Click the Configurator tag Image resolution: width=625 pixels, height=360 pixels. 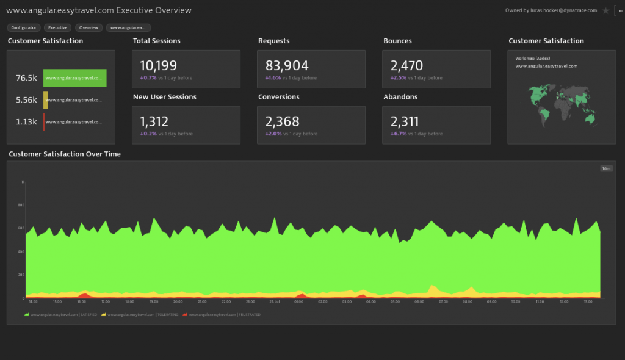coord(24,27)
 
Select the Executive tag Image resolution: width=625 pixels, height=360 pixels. coord(58,27)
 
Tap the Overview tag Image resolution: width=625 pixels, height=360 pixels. coord(89,27)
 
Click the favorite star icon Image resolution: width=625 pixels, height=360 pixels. coord(605,11)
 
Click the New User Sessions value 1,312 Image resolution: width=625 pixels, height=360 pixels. coord(154,122)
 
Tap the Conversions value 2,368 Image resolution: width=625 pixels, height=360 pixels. coord(281,122)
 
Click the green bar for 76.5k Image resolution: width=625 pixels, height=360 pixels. coord(74,78)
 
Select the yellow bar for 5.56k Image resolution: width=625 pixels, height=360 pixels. coord(45,100)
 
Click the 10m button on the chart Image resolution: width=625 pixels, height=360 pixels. coord(606,169)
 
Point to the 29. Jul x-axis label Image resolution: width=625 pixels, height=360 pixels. coord(275,301)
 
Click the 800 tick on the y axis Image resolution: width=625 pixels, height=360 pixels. coord(21,205)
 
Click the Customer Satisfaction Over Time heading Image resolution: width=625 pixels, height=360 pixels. coord(65,154)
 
